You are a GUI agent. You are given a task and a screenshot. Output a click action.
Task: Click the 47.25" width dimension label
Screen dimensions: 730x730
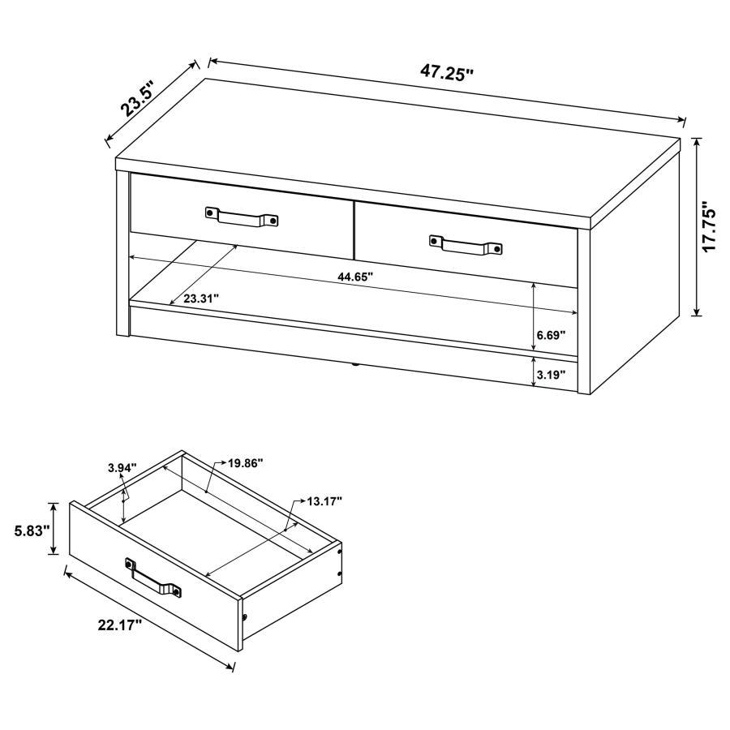pyautogui.click(x=446, y=72)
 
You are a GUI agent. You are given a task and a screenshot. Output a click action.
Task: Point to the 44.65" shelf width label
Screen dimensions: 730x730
pyautogui.click(x=355, y=277)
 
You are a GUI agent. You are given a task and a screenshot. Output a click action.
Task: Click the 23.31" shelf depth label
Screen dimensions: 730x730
pyautogui.click(x=201, y=298)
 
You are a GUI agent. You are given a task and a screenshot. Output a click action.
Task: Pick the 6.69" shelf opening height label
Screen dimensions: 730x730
pyautogui.click(x=551, y=333)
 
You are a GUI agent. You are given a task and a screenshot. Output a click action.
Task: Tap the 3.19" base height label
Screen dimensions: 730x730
pyautogui.click(x=551, y=375)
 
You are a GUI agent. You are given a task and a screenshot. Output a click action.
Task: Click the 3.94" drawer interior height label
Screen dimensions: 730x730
pyautogui.click(x=122, y=468)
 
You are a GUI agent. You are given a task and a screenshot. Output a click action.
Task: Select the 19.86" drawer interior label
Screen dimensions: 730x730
pyautogui.click(x=245, y=463)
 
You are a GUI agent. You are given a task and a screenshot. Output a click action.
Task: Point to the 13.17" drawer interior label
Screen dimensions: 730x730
pyautogui.click(x=324, y=500)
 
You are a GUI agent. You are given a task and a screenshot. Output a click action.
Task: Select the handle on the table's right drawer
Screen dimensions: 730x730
pyautogui.click(x=466, y=243)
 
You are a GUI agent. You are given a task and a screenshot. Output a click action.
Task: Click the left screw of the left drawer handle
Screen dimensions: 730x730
pyautogui.click(x=211, y=212)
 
